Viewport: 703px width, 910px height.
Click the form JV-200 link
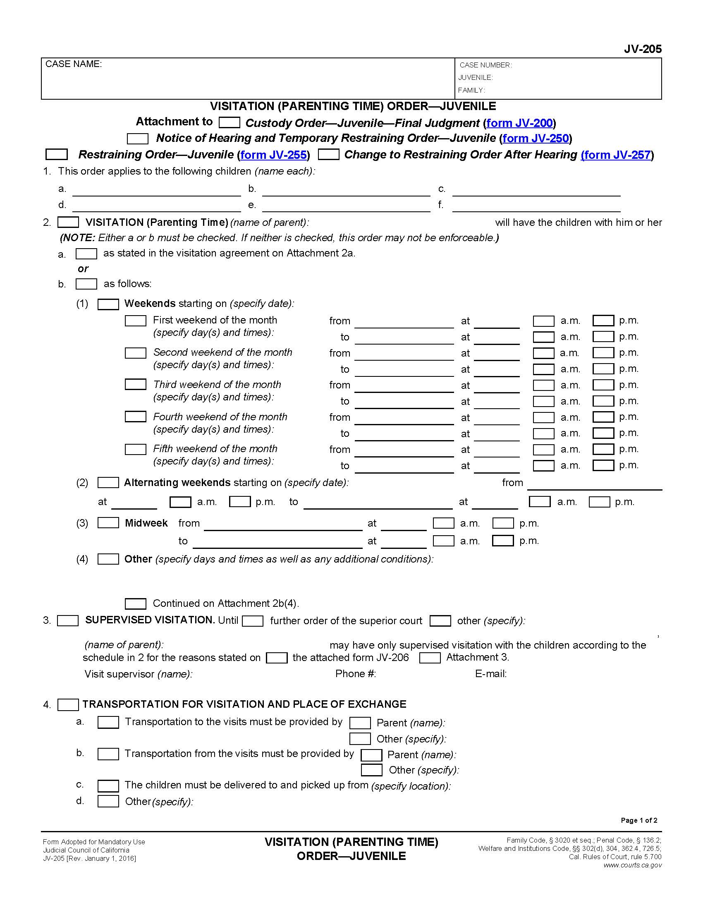click(519, 123)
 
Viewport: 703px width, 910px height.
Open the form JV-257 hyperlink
click(617, 155)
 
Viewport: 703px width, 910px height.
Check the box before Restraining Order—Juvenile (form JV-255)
click(56, 155)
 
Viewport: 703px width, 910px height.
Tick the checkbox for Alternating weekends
click(108, 482)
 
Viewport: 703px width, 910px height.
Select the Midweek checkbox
click(108, 523)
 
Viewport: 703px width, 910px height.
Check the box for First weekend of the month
click(135, 321)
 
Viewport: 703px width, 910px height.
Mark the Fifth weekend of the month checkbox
click(135, 449)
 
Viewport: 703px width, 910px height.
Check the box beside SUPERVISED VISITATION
click(67, 620)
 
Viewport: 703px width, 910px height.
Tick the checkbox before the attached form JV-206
click(277, 658)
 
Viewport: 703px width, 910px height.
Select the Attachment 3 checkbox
click(430, 658)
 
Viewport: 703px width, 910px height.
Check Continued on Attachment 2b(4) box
click(135, 604)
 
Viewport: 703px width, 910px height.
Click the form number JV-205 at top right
click(642, 49)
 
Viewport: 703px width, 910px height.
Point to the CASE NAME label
click(73, 64)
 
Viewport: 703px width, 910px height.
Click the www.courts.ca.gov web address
click(632, 865)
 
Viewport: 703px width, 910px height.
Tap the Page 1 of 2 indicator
click(638, 820)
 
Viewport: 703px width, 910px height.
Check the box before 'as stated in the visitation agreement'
click(86, 253)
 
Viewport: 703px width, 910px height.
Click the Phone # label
click(355, 674)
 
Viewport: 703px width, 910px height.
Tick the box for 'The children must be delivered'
click(108, 785)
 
